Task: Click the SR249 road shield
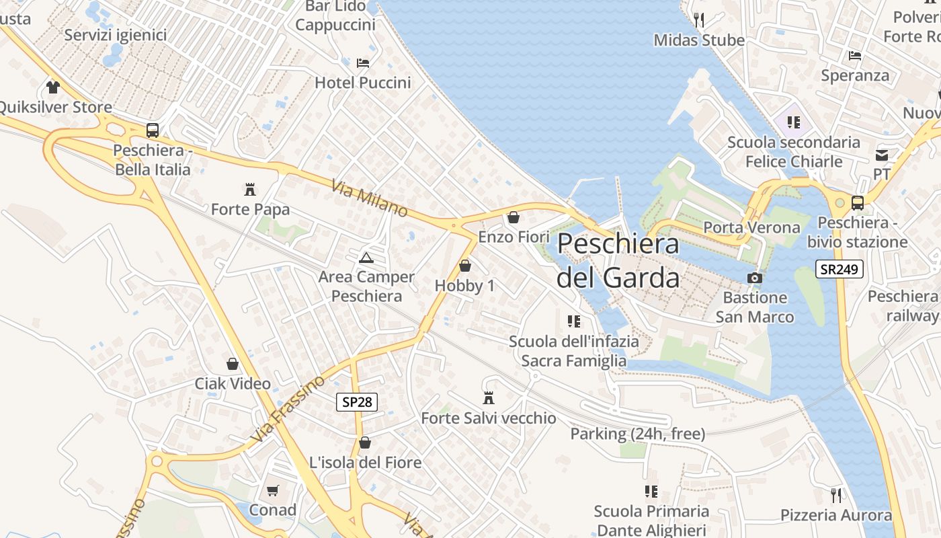point(840,269)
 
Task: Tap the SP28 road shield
point(356,402)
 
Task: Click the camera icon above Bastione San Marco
point(755,278)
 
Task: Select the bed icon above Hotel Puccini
point(363,63)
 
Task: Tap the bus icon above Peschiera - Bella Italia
point(153,130)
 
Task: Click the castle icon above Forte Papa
point(250,190)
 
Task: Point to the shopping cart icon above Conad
point(272,490)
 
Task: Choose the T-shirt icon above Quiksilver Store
point(53,87)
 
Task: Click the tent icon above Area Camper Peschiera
point(366,258)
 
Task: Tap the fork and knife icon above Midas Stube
point(699,20)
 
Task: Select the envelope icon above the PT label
point(882,155)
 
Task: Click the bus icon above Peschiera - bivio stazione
point(857,202)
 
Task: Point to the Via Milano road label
point(369,198)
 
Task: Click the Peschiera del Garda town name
point(618,260)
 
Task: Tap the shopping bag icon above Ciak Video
point(233,364)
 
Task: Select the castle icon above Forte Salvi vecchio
point(489,398)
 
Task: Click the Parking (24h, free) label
point(637,434)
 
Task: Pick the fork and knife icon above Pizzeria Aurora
point(836,496)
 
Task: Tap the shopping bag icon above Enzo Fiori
point(514,217)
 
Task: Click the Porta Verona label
point(751,227)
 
